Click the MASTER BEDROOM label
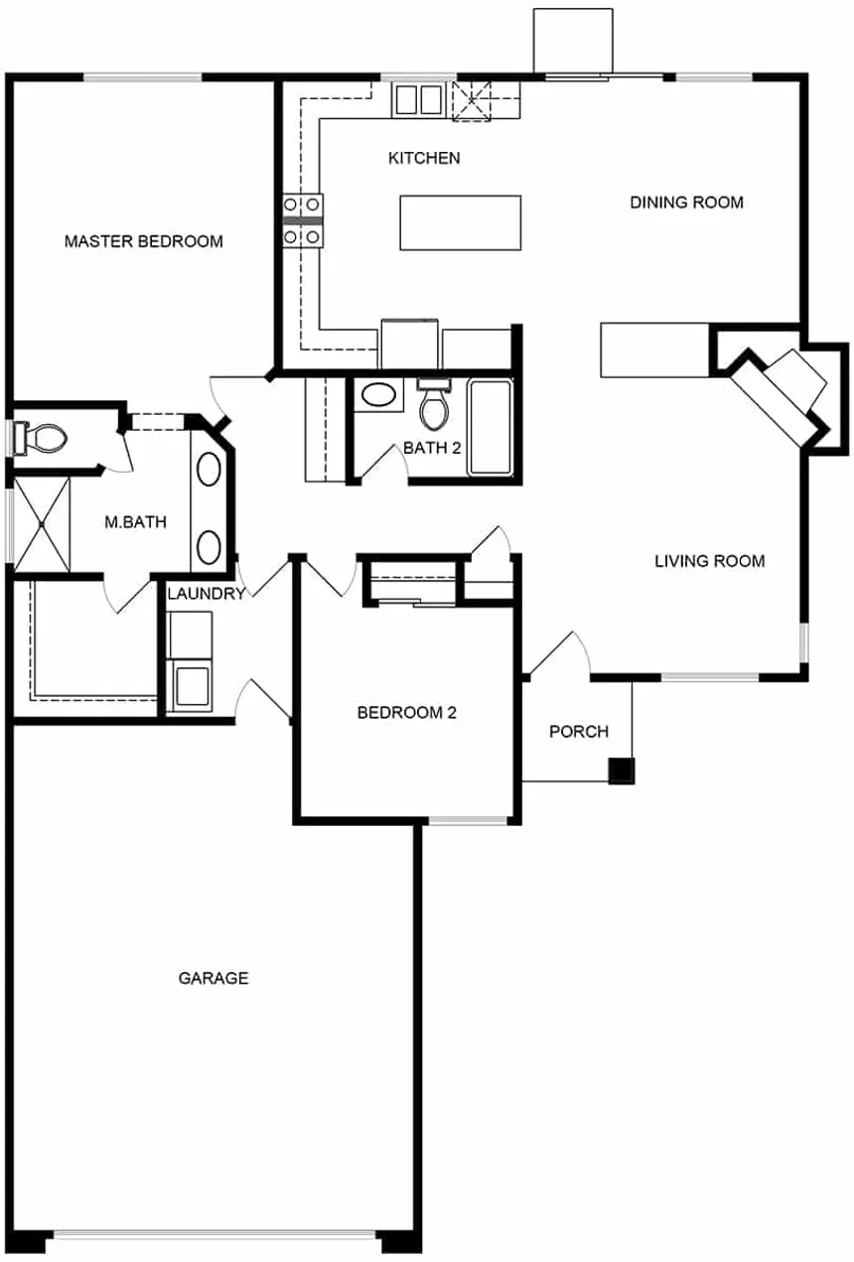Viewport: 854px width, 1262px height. [x=144, y=241]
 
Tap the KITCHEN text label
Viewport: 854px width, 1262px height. [x=424, y=158]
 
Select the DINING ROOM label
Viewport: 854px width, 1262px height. [x=687, y=203]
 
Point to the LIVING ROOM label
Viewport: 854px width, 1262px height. [x=710, y=561]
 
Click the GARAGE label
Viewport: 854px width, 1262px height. [x=213, y=978]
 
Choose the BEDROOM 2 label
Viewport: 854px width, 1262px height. [x=407, y=713]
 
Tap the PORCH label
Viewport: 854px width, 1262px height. [x=579, y=732]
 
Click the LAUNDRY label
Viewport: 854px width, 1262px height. [x=207, y=594]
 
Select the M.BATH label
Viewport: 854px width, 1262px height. [x=136, y=522]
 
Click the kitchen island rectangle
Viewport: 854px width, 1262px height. [x=460, y=222]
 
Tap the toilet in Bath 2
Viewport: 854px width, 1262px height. [x=434, y=404]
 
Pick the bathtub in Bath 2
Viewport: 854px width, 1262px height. [x=491, y=427]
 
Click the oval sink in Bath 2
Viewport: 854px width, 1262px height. [x=378, y=394]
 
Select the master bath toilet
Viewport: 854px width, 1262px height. [x=41, y=438]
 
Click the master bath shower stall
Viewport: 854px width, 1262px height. [x=42, y=524]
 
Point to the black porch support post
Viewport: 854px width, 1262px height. [x=622, y=771]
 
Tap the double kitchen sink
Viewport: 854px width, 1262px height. [x=418, y=100]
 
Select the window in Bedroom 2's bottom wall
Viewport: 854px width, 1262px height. [x=468, y=820]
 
